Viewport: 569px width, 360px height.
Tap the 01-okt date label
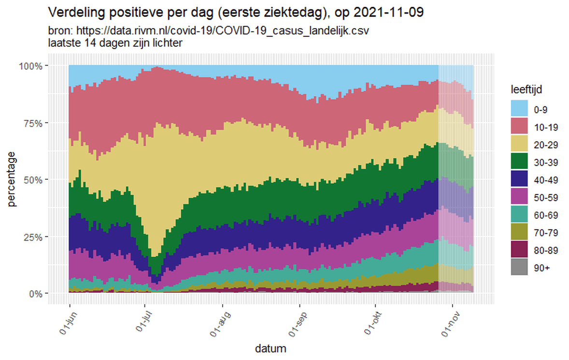[371, 320]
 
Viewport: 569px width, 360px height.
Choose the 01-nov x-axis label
[449, 320]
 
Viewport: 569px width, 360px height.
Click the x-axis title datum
[270, 348]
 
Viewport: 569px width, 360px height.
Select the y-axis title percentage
[11, 179]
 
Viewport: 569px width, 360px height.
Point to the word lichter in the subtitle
[167, 43]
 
